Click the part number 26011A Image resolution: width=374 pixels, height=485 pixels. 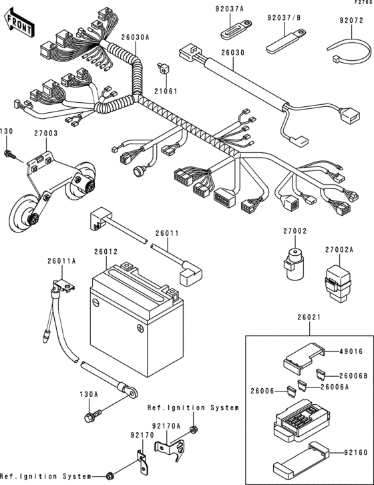coord(61,261)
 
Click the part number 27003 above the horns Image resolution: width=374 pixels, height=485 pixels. coord(46,134)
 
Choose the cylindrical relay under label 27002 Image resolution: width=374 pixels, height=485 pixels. coord(293,265)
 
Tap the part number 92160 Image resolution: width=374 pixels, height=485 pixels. coord(348,452)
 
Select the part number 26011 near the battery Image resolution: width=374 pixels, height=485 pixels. coord(167,233)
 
